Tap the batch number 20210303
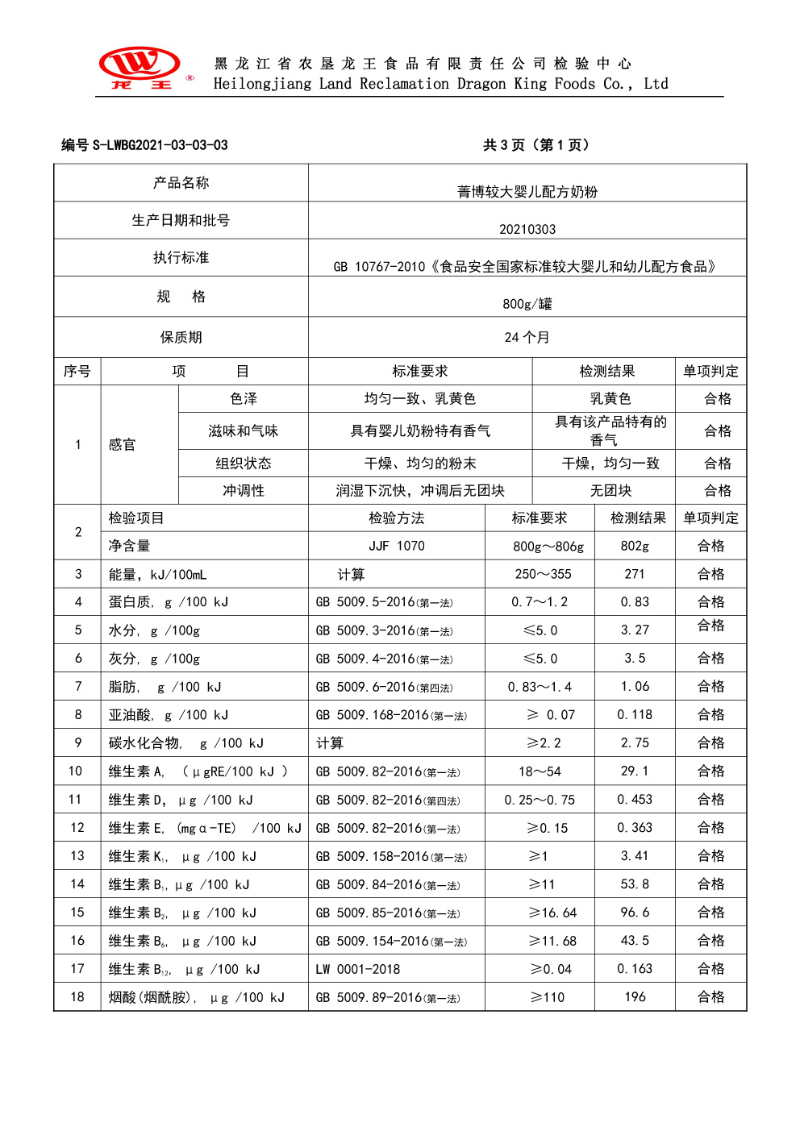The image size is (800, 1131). [527, 229]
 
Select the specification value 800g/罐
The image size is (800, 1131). [527, 304]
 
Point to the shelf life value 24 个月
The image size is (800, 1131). [527, 337]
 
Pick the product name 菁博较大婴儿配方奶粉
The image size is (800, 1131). [527, 192]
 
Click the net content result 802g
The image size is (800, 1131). [635, 546]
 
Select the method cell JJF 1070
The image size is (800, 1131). [397, 546]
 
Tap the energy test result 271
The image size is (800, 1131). [635, 574]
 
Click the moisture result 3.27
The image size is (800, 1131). [635, 630]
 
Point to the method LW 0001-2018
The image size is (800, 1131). [358, 969]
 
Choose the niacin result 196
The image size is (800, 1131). [635, 997]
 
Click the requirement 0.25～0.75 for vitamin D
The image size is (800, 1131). [540, 800]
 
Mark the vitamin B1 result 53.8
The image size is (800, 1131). [635, 884]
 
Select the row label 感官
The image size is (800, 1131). [123, 445]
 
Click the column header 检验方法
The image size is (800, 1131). [397, 518]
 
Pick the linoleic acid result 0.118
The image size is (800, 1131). [635, 715]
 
